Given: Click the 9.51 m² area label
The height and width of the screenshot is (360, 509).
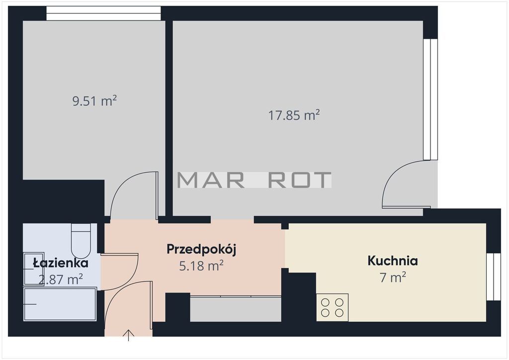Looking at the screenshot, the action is coord(94,101).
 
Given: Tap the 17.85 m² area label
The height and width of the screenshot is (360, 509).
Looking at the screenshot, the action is coord(294,115).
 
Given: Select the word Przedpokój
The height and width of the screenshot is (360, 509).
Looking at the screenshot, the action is coord(201,250).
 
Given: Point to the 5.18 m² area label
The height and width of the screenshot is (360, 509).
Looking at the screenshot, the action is coord(201,266).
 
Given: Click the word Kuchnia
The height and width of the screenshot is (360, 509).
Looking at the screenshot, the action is coord(393,261).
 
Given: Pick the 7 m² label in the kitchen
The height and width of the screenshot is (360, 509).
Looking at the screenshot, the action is coord(393,277).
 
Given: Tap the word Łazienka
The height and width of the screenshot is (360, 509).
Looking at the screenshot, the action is coord(61,263).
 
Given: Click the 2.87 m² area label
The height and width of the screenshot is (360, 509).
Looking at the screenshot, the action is coord(61,279).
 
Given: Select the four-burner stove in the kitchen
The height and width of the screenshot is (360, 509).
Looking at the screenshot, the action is coord(332,307).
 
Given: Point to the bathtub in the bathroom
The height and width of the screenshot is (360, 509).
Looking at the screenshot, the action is coord(60,304).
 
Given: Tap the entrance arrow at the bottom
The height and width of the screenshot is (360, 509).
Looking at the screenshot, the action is coord(129,335).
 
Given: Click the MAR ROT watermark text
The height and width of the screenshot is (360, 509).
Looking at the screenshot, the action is coord(254,180).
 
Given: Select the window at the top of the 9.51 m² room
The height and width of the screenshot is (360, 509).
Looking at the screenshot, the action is coord(103,13).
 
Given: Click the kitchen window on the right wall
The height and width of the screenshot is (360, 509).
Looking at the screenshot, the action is coord(494,276).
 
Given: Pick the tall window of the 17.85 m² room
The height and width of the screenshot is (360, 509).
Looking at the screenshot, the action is coord(430,99).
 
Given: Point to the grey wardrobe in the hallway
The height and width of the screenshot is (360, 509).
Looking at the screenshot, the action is coord(235,309).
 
